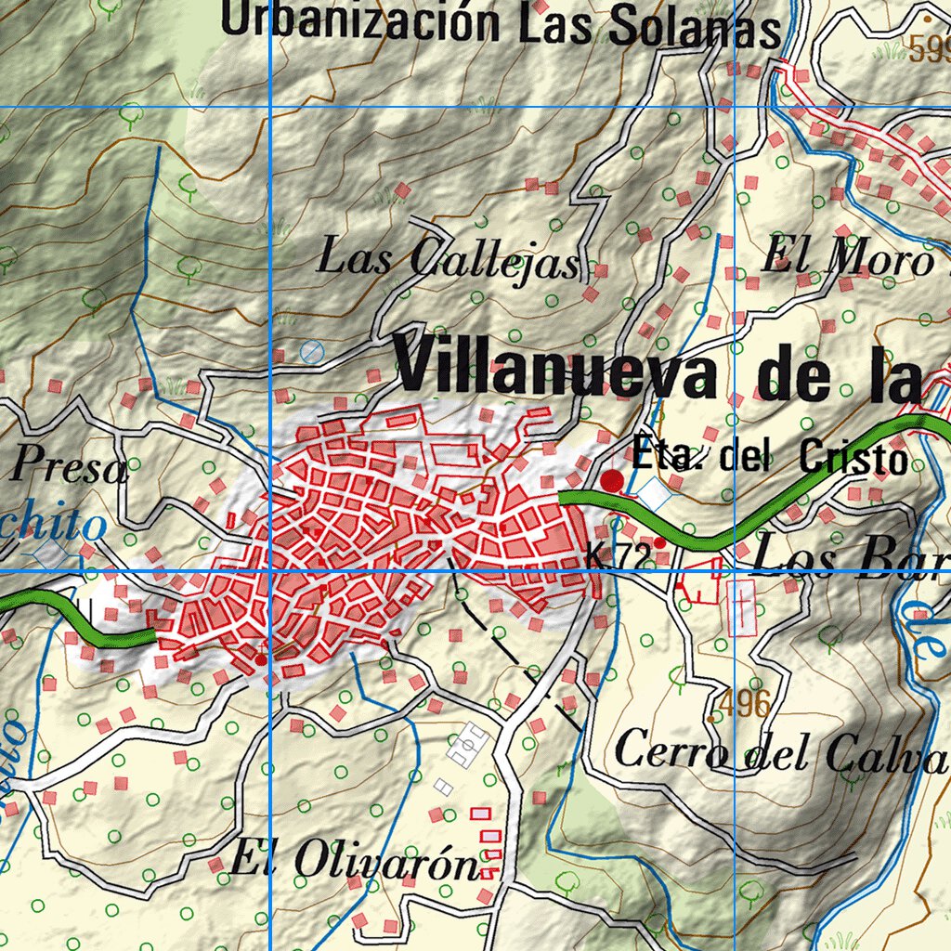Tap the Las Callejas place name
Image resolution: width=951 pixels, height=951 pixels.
pos(448,259)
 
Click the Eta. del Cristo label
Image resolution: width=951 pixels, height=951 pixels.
pos(768,457)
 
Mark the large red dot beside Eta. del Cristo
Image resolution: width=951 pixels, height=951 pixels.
pos(612,481)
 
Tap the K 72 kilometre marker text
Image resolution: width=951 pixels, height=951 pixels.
pos(618,555)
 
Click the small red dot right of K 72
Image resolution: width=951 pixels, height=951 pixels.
pos(659,542)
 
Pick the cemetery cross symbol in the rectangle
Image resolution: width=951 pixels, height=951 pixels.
pos(742,606)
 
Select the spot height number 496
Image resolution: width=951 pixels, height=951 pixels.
pos(745,704)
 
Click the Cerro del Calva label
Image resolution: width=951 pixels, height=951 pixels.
pos(780,753)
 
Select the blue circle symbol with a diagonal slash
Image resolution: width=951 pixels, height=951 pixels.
pos(312,351)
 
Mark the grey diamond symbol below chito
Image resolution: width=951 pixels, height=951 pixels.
pos(52,554)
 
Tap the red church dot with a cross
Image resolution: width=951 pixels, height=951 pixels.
pos(261,658)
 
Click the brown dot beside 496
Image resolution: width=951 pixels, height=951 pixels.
pos(711,718)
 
